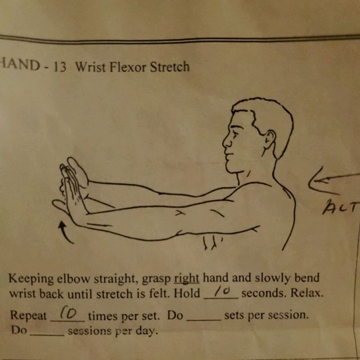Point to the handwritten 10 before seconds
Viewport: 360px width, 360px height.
coord(221,291)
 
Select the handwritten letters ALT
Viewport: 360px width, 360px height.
coord(341,208)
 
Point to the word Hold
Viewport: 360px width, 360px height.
coord(187,294)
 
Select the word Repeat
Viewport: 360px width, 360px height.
coord(29,316)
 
